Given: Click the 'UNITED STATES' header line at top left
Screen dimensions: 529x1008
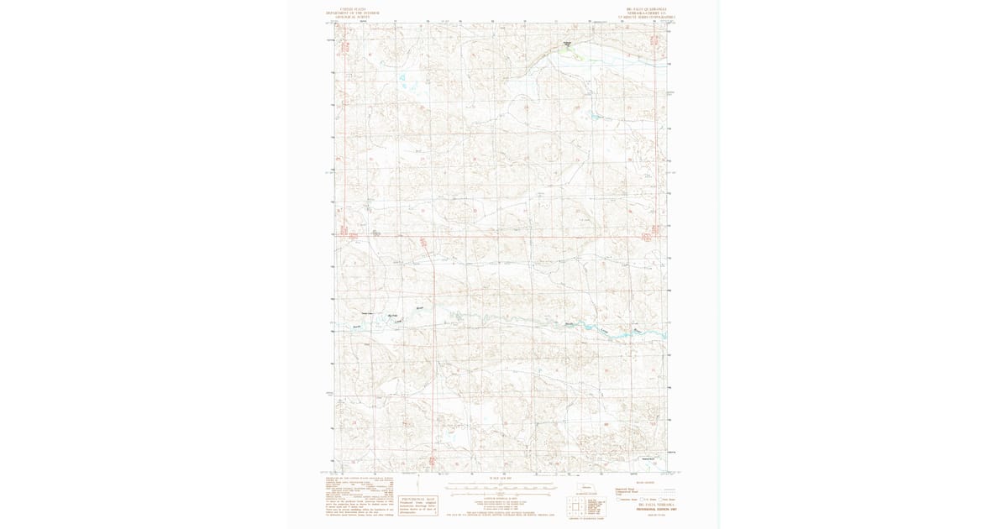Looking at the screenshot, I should [353, 10].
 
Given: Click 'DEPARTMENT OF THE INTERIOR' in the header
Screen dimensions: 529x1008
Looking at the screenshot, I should [353, 13].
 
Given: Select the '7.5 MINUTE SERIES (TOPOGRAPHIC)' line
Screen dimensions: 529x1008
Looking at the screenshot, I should [647, 17].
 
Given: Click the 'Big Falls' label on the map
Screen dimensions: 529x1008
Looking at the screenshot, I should [392, 316].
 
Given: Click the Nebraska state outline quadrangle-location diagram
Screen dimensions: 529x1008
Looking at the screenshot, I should [585, 489].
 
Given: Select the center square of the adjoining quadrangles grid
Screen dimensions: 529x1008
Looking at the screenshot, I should [575, 506].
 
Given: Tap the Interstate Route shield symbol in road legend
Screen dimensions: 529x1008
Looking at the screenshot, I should [618, 499].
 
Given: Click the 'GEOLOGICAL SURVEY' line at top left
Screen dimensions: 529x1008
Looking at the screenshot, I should [353, 17].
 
